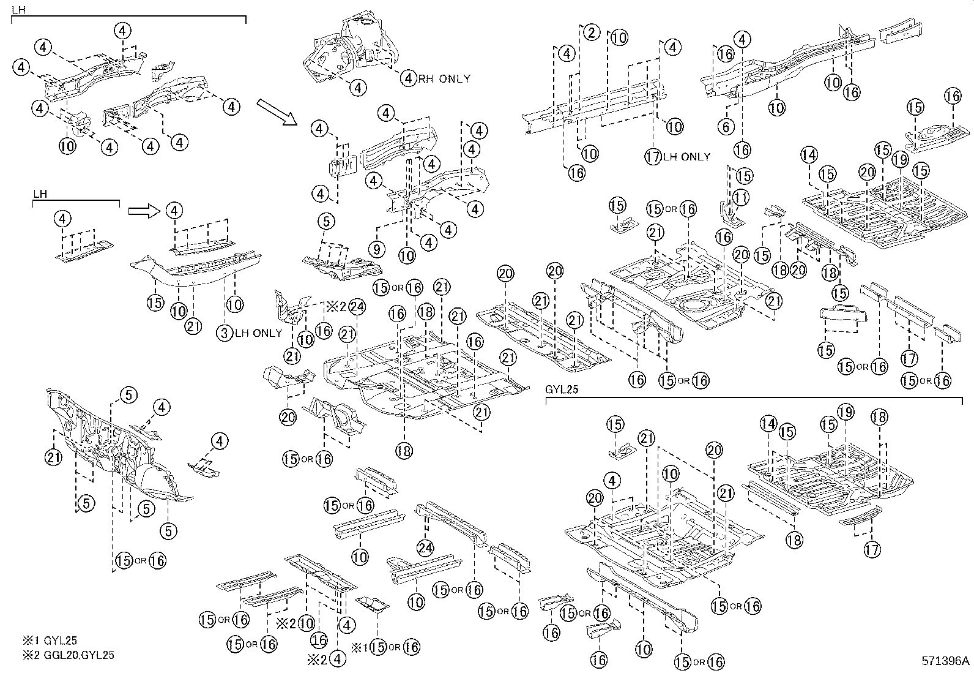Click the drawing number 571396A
[946, 661]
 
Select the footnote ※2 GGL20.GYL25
[68, 655]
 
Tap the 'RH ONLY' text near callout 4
[444, 78]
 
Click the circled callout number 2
[590, 32]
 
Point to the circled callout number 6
[725, 127]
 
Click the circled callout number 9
[377, 249]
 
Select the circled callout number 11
[741, 197]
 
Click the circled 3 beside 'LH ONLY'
[225, 333]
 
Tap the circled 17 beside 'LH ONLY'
[653, 156]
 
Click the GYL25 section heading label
[561, 389]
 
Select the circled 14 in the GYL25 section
[768, 423]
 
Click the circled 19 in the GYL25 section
[846, 412]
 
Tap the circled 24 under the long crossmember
[425, 547]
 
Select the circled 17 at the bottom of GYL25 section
[872, 549]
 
